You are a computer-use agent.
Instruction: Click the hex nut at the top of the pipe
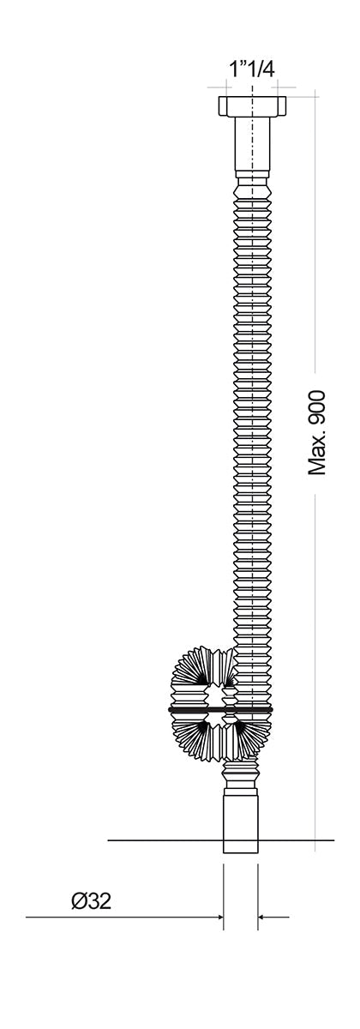[x=252, y=106]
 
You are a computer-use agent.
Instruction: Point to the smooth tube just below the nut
[x=252, y=143]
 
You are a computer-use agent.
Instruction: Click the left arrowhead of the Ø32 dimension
[x=220, y=917]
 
